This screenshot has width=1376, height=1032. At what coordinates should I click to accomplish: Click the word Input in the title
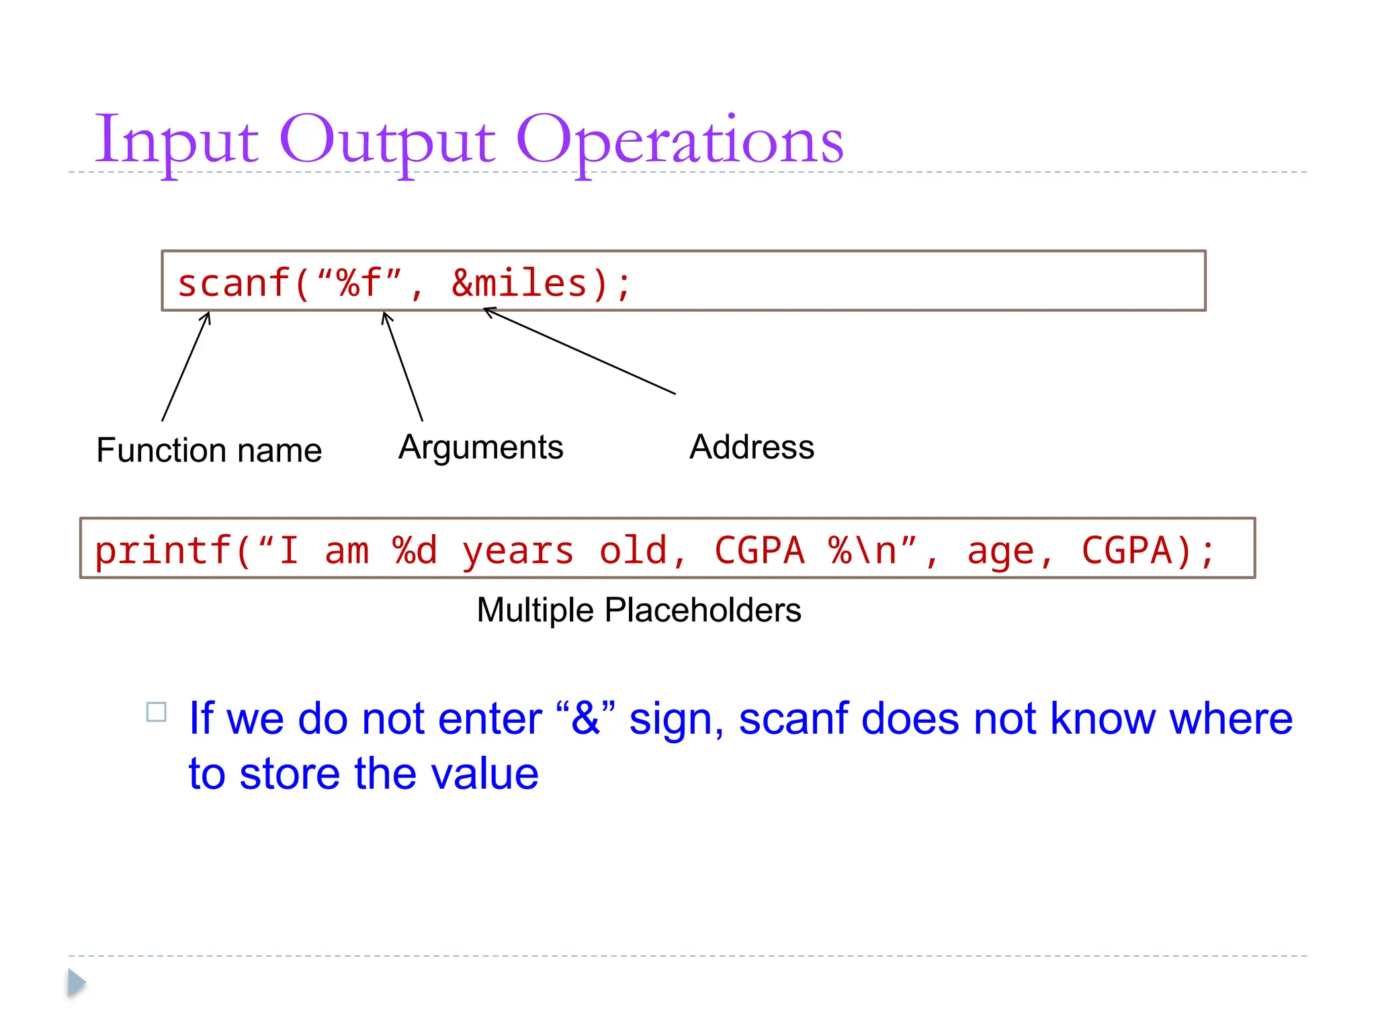176,141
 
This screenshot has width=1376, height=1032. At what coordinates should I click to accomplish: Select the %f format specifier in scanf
360,283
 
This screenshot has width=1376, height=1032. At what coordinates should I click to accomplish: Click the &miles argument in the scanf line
519,283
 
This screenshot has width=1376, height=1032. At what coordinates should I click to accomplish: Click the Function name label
209,450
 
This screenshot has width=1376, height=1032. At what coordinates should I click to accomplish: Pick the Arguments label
480,447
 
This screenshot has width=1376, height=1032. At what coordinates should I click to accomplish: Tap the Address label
752,447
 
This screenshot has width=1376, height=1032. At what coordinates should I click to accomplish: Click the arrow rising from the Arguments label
402,366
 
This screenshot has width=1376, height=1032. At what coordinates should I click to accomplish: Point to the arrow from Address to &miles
579,351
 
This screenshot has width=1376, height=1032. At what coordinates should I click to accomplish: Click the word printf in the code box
163,551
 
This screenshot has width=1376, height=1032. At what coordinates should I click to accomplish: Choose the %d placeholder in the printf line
415,551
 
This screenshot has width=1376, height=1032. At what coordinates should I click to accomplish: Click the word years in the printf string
517,551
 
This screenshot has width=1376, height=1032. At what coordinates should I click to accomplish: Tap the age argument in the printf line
1000,551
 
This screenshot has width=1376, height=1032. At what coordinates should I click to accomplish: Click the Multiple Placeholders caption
638,610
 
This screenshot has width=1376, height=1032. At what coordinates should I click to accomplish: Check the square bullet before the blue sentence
157,712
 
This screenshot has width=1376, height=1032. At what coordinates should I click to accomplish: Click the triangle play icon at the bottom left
77,983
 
